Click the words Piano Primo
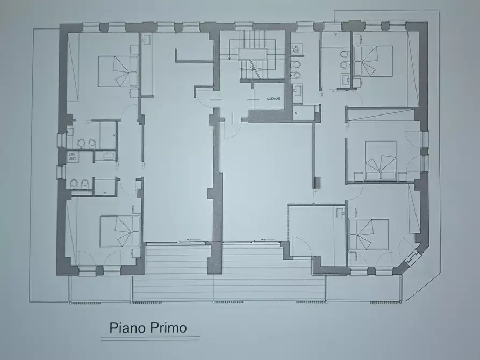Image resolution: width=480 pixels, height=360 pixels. pyautogui.click(x=148, y=328)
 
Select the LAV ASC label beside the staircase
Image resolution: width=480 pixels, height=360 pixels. pyautogui.click(x=296, y=48)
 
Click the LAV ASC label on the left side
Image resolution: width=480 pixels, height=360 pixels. pyautogui.click(x=72, y=156)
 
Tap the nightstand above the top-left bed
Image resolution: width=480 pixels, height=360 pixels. pyautogui.click(x=134, y=49)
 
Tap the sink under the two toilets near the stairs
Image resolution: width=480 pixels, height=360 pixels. pyautogui.click(x=298, y=90)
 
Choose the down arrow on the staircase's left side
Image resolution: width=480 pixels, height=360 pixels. pyautogui.click(x=229, y=53)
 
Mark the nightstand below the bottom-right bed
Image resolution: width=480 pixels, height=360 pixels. pyautogui.click(x=353, y=257)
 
